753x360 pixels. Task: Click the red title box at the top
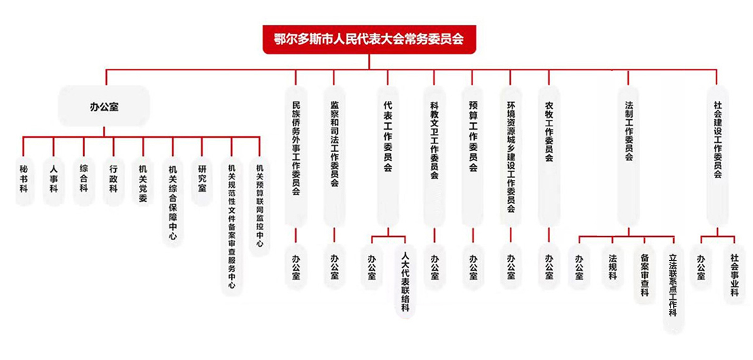[369, 39]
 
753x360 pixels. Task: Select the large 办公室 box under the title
[104, 107]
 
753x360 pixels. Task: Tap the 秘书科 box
[24, 180]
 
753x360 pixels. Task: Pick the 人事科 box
[54, 180]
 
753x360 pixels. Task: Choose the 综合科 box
[84, 180]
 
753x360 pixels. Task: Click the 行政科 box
[113, 180]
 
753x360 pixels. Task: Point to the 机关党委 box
[143, 180]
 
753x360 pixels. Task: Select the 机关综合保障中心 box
[172, 201]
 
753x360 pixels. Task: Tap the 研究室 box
[202, 180]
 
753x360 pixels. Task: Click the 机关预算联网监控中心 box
[260, 206]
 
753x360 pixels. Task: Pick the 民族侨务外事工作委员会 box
[295, 155]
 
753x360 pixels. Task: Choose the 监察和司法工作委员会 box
[334, 155]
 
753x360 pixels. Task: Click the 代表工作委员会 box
[388, 155]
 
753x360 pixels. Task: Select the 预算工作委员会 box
[472, 155]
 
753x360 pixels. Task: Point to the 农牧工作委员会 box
[549, 155]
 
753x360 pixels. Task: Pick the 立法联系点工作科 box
[673, 289]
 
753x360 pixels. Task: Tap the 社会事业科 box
[734, 274]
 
